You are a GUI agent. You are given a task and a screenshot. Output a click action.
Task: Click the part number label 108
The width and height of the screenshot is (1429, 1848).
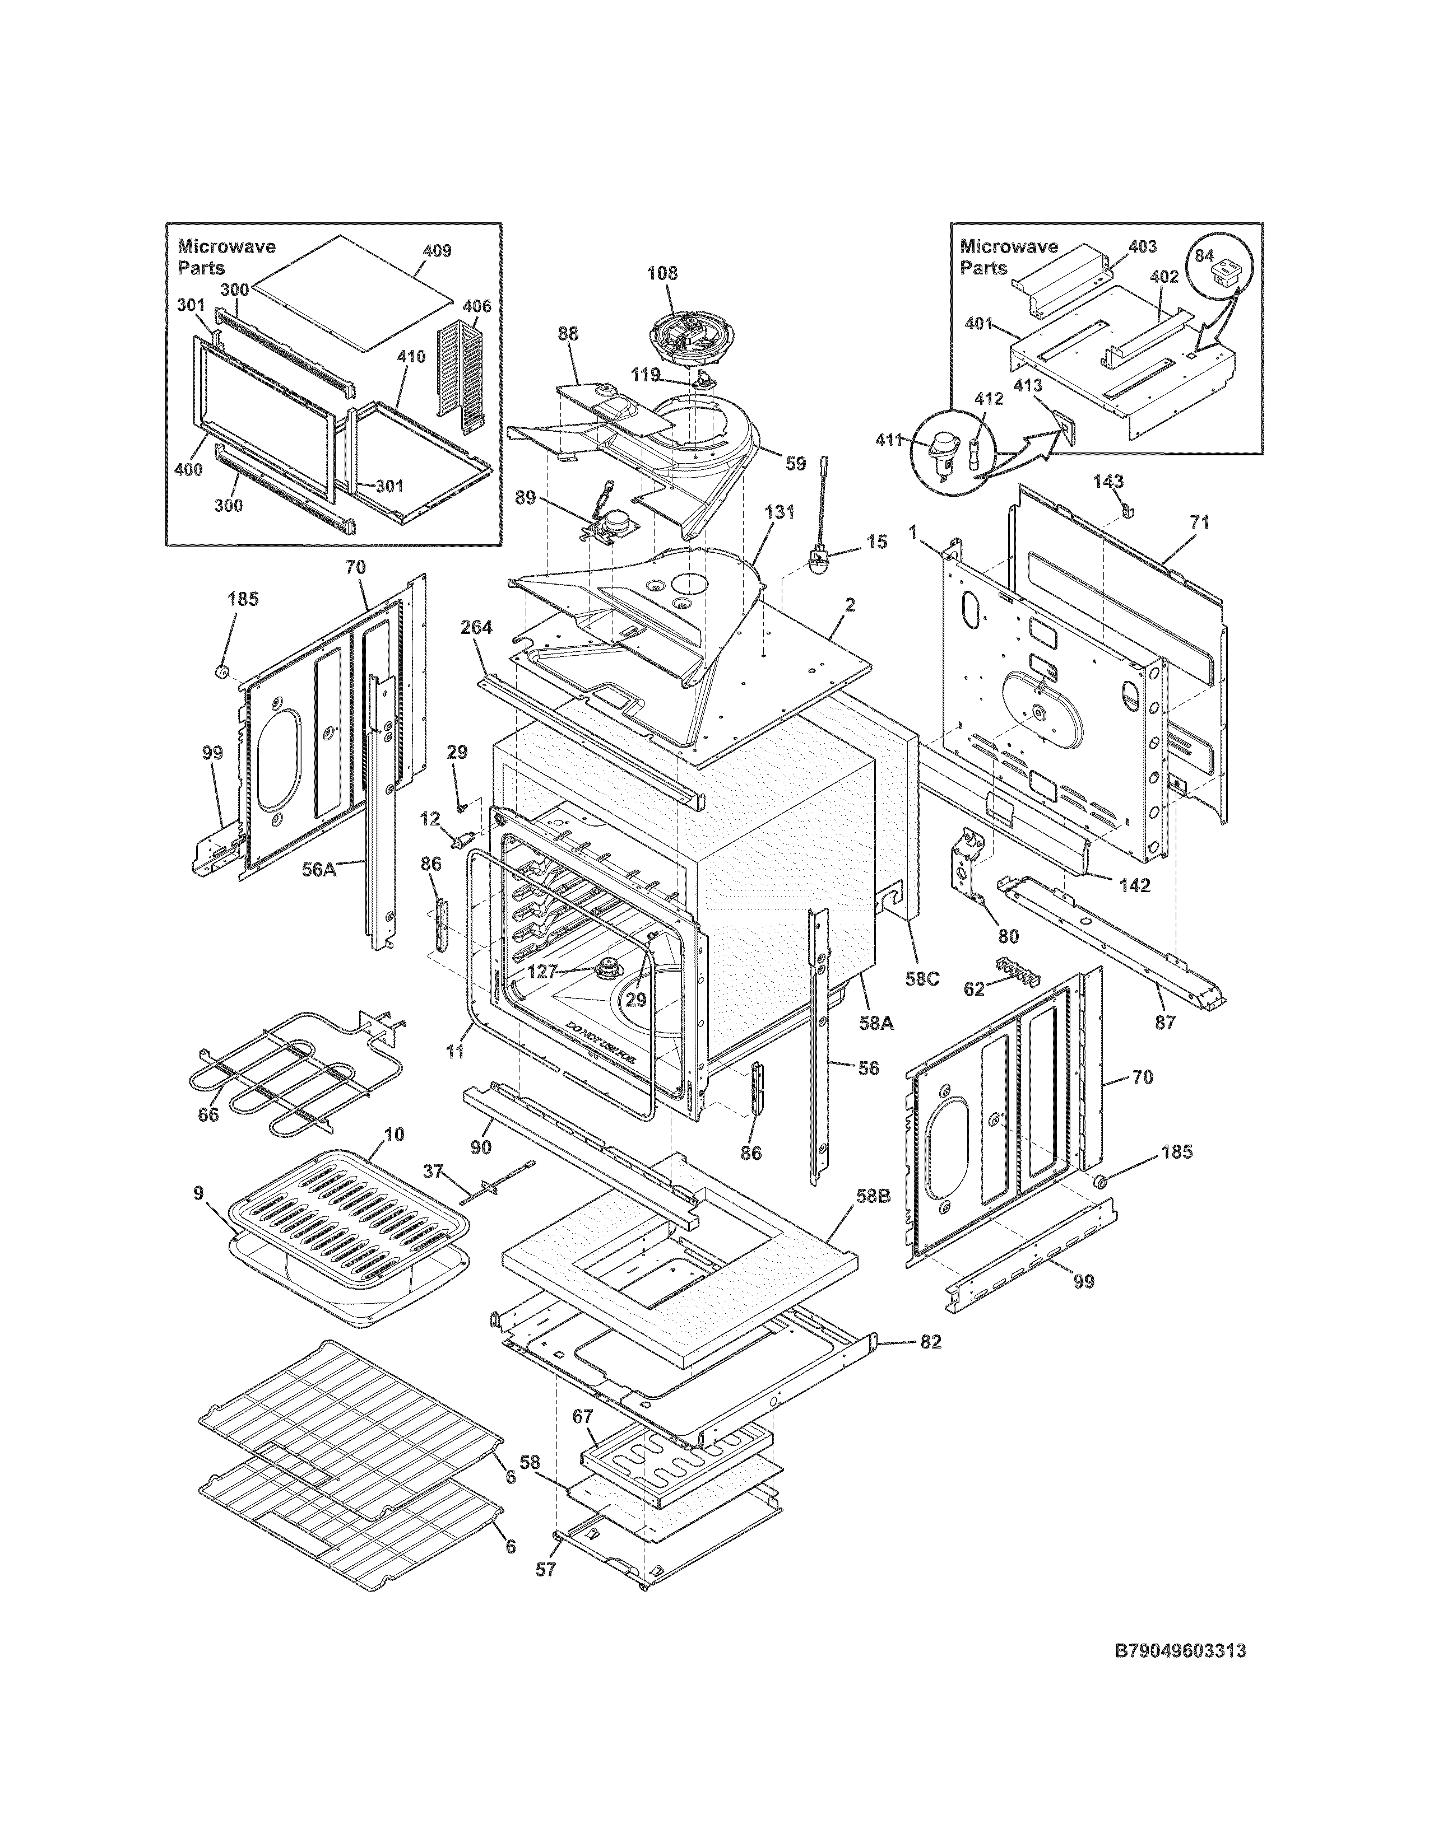tap(662, 273)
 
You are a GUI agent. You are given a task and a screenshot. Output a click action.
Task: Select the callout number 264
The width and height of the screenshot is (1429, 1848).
tap(477, 627)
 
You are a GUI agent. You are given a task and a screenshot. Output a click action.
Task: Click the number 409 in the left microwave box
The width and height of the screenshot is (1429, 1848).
tap(437, 250)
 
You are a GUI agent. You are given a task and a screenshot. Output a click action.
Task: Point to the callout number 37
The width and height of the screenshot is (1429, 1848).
tap(433, 1170)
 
